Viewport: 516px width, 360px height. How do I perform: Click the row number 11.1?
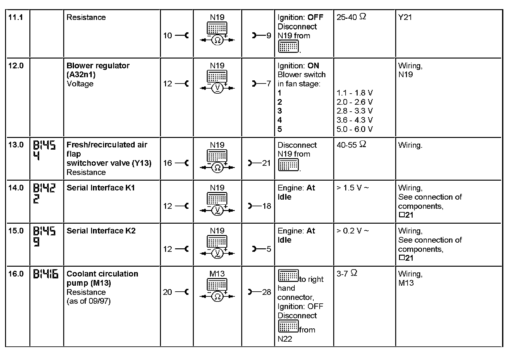[x=15, y=17]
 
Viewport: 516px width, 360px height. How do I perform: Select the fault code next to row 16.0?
[x=46, y=274]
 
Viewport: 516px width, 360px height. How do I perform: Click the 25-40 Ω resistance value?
[x=351, y=17]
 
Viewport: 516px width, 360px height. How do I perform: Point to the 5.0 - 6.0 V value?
[x=354, y=129]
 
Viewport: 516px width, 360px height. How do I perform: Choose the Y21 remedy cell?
[x=405, y=17]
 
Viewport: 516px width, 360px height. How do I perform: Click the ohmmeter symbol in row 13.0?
[x=217, y=168]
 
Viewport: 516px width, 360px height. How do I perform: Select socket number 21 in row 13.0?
[x=266, y=163]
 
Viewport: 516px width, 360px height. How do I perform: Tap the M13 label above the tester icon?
[x=217, y=274]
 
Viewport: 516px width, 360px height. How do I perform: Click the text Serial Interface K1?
[x=101, y=188]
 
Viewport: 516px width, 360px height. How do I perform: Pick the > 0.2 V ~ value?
[x=353, y=231]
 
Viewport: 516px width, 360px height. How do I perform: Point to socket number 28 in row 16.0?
[x=266, y=292]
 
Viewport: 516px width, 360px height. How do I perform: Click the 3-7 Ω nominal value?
[x=347, y=274]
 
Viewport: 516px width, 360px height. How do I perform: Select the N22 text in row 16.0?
[x=285, y=339]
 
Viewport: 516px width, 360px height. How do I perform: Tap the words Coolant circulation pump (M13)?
[x=102, y=278]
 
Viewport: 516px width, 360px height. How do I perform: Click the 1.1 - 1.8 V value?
[x=354, y=93]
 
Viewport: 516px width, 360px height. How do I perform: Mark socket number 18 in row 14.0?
[x=266, y=206]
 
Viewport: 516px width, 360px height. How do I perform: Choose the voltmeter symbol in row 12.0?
[x=217, y=88]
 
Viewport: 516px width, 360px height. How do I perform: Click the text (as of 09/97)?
[x=89, y=301]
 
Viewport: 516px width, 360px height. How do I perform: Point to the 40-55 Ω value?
[x=351, y=145]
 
